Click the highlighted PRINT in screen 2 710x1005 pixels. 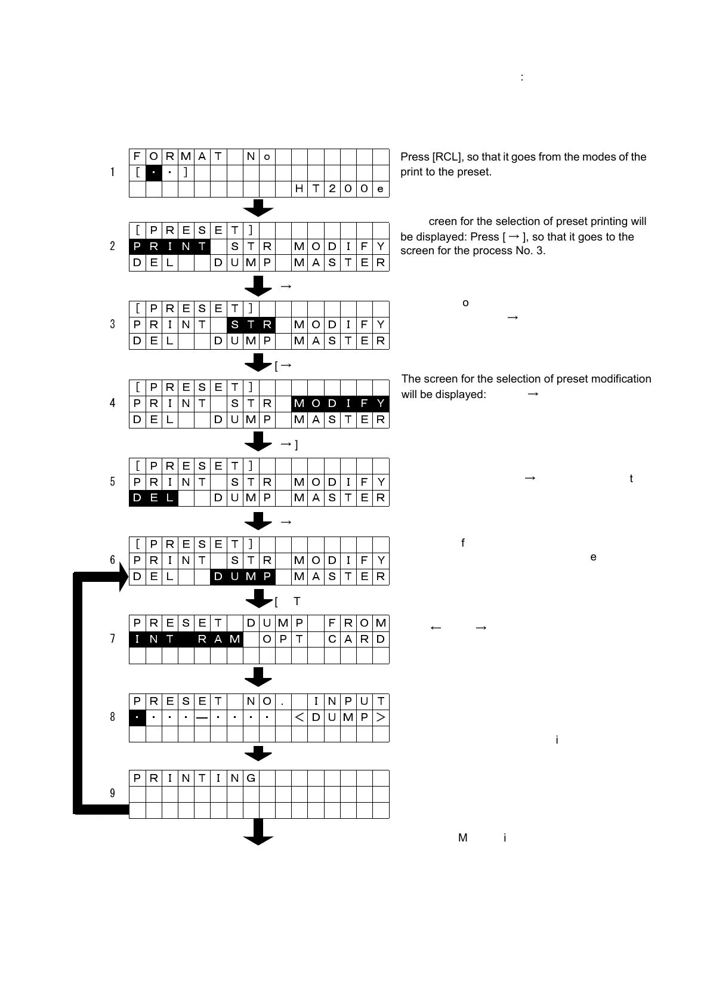169,246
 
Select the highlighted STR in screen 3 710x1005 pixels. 251,325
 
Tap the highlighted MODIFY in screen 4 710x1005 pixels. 340,403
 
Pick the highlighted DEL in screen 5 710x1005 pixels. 153,498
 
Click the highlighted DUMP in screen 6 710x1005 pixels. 242,577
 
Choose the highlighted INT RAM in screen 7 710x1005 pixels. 186,639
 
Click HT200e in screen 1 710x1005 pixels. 340,189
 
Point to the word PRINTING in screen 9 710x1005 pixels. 194,778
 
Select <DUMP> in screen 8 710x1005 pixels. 340,717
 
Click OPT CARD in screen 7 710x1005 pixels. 323,639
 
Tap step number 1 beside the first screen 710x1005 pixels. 112,172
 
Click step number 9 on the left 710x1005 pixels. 112,793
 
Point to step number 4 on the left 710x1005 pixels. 112,403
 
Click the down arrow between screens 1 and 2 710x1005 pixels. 258,208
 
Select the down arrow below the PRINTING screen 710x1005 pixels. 258,832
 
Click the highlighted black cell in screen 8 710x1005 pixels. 137,717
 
